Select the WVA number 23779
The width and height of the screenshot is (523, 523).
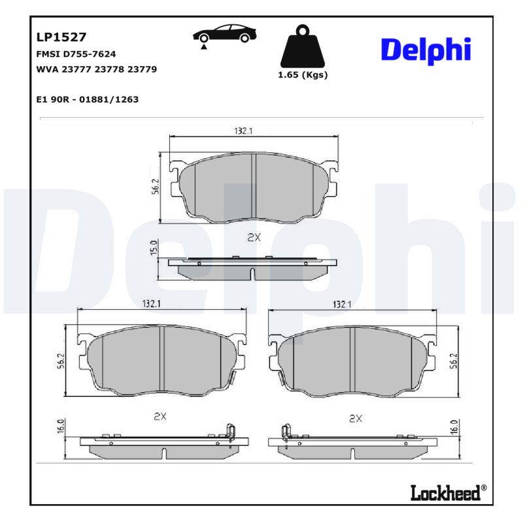coord(142,69)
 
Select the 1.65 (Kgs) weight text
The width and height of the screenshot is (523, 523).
coord(303,75)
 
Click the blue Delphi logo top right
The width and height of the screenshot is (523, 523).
coord(425,50)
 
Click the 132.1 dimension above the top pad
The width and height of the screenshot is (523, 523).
coord(243,131)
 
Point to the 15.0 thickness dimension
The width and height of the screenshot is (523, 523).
coord(154,248)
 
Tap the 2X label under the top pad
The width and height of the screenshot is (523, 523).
coord(254,238)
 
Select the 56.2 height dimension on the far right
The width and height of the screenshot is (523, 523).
coord(454,361)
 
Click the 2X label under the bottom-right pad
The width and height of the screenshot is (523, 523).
coord(356,417)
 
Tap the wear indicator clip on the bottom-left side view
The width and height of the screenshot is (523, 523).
coord(229,432)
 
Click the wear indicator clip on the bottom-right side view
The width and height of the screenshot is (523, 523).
coord(285,432)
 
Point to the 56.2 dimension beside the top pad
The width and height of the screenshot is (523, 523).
coord(156,187)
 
